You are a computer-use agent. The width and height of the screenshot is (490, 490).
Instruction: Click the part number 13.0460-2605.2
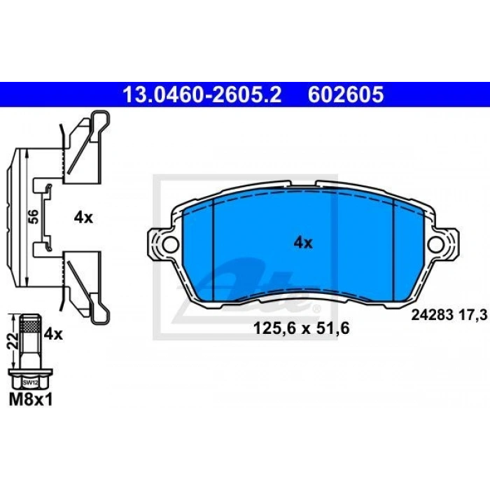202,94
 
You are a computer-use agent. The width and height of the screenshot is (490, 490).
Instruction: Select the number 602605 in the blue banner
345,94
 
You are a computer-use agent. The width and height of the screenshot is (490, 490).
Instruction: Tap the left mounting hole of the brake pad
170,244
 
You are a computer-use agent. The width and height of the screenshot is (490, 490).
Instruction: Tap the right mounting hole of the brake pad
436,244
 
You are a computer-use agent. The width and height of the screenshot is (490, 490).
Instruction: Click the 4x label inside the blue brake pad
303,243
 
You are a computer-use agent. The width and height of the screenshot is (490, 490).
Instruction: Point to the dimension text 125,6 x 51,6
301,328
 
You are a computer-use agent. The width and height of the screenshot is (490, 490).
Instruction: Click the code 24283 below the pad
432,315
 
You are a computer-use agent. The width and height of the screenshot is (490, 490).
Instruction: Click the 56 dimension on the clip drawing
34,216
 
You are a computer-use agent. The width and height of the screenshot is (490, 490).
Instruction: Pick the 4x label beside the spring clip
83,218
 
